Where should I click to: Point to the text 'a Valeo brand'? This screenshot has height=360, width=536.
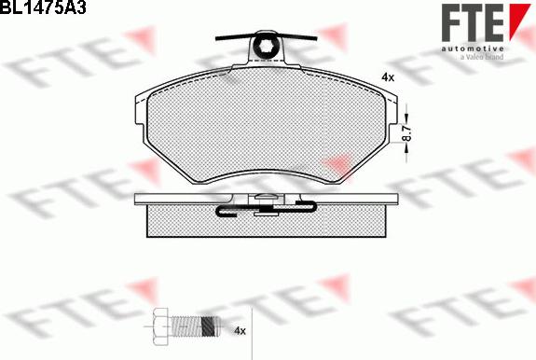[482, 57]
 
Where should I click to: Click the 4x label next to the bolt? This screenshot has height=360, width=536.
[241, 330]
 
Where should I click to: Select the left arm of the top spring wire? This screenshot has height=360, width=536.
[234, 37]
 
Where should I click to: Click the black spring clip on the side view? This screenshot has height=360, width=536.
[266, 207]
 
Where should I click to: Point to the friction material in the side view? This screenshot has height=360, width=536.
[186, 222]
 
